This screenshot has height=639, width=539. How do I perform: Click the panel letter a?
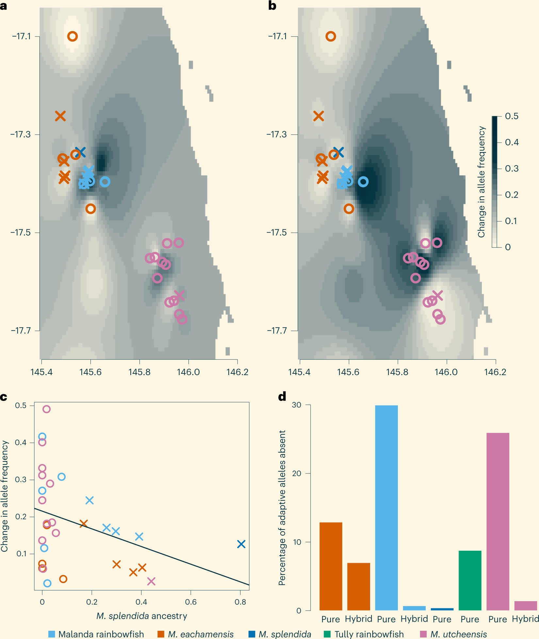pos(4,6)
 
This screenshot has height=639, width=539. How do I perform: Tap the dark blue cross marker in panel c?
pos(241,544)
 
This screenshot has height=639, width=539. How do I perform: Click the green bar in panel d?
pos(470,580)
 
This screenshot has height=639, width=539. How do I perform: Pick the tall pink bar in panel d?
pos(498,521)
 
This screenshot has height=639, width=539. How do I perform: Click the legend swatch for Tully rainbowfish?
pos(327,634)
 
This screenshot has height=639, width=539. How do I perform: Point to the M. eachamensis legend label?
pos(201,634)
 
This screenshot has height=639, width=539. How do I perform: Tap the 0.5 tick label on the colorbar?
pos(512,116)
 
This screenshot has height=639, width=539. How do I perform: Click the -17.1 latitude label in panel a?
pos(22,36)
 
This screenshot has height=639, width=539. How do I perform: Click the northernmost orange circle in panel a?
pos(73,36)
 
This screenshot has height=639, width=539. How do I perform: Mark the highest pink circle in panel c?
pos(46,409)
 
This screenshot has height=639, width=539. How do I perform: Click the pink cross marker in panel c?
pos(151,581)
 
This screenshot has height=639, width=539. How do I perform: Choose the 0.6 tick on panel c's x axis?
pos(191,602)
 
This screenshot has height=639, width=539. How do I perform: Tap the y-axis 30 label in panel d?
pos(297,405)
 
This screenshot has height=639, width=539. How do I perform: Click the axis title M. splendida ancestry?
pos(142,616)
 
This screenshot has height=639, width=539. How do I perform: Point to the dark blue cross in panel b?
pos(338,152)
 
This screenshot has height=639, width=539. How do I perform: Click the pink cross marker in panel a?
pos(179,295)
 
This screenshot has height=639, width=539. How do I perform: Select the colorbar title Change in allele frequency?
pos(481,182)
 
